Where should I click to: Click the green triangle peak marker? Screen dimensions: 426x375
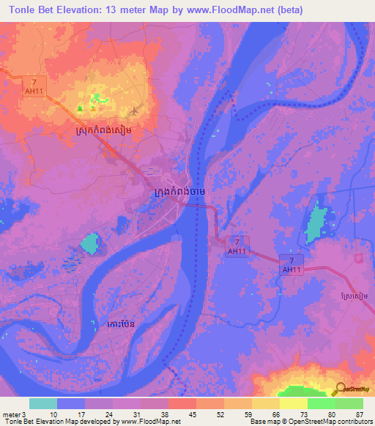[80, 108]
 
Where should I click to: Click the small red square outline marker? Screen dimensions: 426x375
[359, 258]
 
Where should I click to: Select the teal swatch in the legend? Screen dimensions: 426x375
[42, 403]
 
